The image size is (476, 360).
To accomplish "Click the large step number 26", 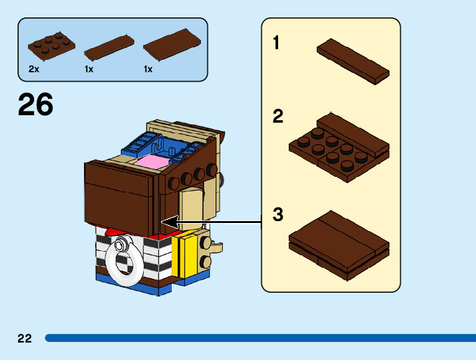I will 35,105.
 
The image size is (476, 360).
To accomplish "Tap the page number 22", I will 25,338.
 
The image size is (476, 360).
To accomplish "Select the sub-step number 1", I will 276,43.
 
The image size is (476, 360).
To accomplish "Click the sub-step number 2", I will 278,116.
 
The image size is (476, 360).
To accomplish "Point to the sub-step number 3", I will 278,215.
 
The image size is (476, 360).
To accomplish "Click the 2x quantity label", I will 34,70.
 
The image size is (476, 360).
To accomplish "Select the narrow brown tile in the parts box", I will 108,48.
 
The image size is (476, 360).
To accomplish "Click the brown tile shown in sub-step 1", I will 353,60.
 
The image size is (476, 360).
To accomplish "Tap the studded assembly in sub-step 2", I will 339,146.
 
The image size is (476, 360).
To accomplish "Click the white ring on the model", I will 125,263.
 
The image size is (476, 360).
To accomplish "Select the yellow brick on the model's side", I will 188,255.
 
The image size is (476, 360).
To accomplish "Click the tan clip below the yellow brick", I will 215,247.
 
